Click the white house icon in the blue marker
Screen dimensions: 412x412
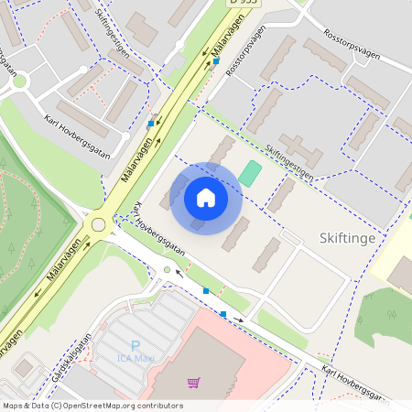(206, 198)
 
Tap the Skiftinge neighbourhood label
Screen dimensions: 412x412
(349, 237)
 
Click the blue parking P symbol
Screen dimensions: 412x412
(136, 346)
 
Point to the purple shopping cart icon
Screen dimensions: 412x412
(193, 382)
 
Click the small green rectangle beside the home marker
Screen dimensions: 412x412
(250, 172)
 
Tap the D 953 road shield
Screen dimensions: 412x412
(244, 4)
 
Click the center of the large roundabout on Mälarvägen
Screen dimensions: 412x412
(98, 223)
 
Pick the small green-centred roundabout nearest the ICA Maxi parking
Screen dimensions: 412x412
(166, 269)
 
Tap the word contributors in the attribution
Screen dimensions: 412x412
(157, 406)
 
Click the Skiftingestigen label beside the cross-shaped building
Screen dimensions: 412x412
(290, 163)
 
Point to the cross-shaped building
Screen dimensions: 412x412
(295, 148)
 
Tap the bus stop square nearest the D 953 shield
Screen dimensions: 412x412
(217, 61)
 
